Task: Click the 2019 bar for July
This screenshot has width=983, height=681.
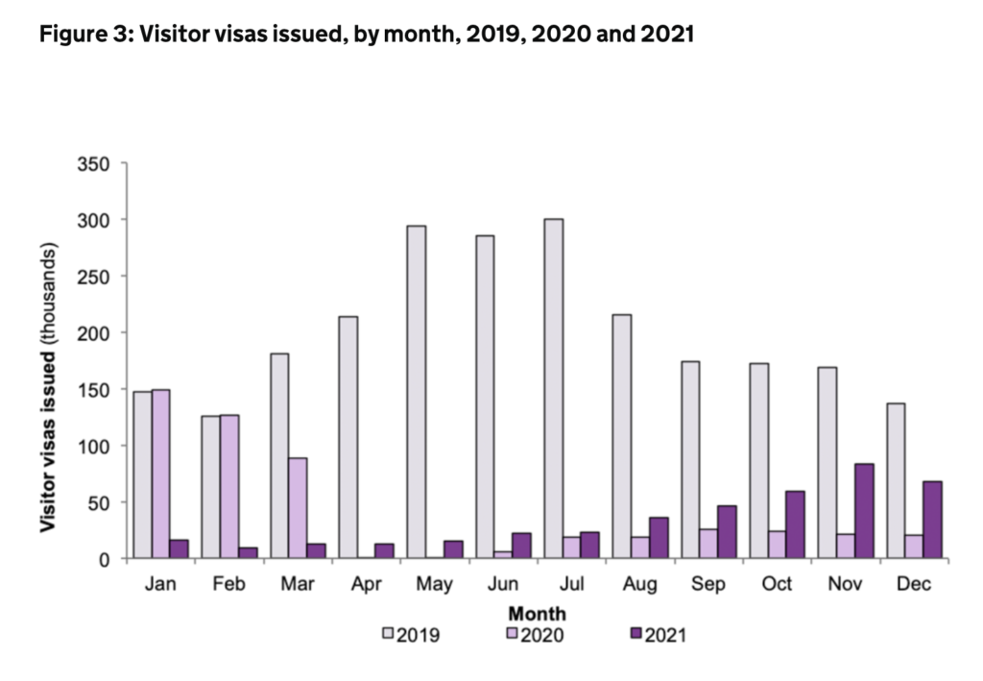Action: pos(553,388)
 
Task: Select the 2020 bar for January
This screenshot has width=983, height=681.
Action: pos(161,474)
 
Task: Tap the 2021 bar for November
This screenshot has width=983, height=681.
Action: pos(864,510)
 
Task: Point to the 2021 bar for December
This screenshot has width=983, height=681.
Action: pos(932,519)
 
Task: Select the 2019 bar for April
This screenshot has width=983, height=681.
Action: pos(348,437)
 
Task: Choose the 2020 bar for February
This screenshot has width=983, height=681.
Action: pos(229,485)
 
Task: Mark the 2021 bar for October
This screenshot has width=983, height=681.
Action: pos(796,524)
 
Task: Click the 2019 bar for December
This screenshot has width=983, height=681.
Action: pos(895,480)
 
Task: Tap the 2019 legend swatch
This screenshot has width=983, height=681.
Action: pos(389,634)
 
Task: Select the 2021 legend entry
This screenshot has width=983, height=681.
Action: pos(658,634)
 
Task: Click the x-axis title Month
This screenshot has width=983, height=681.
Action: pos(537,613)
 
